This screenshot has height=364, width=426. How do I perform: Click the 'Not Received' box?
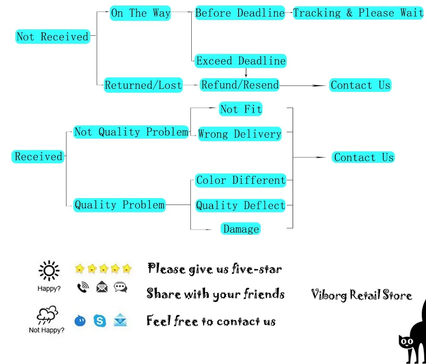(53, 37)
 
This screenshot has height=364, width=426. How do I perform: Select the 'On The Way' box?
(141, 13)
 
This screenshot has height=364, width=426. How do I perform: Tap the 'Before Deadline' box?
(240, 13)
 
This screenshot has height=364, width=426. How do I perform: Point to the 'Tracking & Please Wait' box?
(358, 13)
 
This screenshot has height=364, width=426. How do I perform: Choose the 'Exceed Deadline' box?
(241, 61)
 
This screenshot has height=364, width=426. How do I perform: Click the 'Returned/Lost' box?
(144, 85)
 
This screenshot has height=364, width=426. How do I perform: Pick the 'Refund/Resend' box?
(240, 85)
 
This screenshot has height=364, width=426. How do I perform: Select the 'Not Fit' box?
(241, 109)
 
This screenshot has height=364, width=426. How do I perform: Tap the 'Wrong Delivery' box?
(240, 134)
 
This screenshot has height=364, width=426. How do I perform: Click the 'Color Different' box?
(241, 180)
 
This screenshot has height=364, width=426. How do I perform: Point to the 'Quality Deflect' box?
(241, 205)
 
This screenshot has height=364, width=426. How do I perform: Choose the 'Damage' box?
(241, 229)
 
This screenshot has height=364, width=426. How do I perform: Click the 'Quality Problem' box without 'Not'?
(119, 205)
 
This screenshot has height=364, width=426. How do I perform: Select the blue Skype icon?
(100, 320)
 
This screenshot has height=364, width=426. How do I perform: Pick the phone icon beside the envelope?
(83, 288)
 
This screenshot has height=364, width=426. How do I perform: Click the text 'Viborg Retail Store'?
(361, 295)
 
